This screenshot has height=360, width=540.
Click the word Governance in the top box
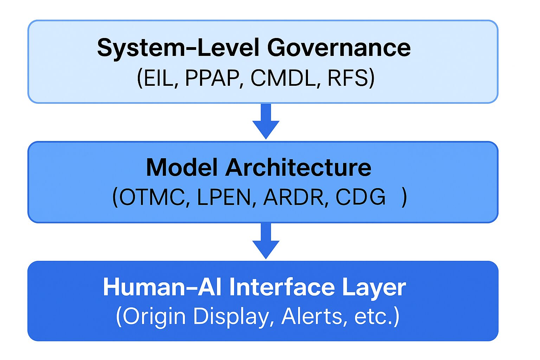click(x=339, y=47)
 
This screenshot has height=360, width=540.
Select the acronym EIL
click(x=158, y=78)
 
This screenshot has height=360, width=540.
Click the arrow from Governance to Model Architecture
click(x=266, y=121)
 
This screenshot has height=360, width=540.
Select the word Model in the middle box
click(x=182, y=167)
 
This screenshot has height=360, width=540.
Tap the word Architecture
click(x=298, y=167)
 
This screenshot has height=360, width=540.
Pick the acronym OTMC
click(x=152, y=197)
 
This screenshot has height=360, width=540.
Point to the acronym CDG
click(x=360, y=197)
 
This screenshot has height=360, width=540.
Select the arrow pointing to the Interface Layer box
click(x=266, y=241)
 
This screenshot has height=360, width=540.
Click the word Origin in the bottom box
click(x=154, y=316)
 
